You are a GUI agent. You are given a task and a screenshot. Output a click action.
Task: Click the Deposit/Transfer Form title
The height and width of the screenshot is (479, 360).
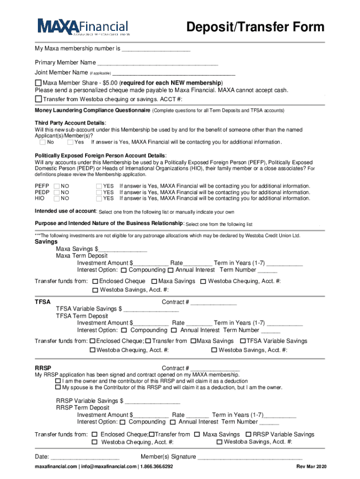255,27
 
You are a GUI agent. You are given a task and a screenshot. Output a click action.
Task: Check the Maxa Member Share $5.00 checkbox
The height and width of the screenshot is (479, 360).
38,83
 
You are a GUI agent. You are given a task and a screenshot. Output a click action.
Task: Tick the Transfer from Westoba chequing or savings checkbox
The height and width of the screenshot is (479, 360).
38,99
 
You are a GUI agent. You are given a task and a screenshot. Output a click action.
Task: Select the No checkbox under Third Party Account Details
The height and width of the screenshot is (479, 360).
43,142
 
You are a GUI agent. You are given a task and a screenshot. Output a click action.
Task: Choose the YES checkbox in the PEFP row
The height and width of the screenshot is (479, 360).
99,186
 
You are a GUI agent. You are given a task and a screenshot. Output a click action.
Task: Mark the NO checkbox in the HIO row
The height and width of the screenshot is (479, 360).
57,198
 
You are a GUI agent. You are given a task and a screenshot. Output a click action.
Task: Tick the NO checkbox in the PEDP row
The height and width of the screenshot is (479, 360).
57,192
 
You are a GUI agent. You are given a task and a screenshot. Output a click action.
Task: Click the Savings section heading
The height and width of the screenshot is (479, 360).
46,242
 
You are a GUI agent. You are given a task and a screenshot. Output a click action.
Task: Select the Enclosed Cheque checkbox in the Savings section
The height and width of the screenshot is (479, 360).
95,282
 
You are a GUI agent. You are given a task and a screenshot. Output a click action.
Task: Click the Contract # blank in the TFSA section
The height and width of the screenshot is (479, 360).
213,302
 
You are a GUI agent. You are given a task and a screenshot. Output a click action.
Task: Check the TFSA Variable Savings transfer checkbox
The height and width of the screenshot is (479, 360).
243,341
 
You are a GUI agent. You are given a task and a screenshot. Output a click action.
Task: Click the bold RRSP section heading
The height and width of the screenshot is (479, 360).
43,368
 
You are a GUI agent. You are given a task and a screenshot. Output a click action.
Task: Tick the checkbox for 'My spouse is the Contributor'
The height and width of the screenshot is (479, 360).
58,387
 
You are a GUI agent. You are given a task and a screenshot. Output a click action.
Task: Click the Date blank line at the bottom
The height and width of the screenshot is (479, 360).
85,457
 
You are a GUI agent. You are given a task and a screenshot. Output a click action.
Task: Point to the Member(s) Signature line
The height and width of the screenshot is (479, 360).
250,457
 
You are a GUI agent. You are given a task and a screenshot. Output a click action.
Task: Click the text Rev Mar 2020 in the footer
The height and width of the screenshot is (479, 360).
311,467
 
